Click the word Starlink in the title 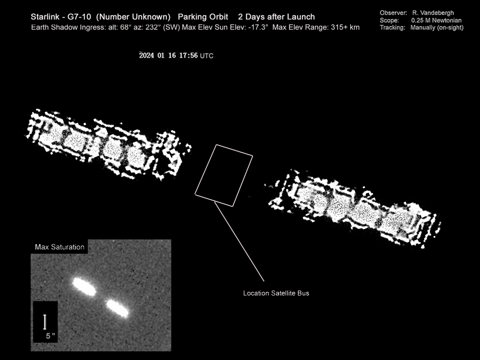tap(45, 17)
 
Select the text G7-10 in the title tap(79, 17)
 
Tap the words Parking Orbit tap(203, 17)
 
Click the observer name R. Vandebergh tap(433, 13)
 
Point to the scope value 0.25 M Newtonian tap(436, 20)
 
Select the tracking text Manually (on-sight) tap(437, 28)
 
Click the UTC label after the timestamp tap(207, 56)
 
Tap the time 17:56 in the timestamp tap(189, 56)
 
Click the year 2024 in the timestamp tap(146, 56)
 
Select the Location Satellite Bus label tap(276, 293)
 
